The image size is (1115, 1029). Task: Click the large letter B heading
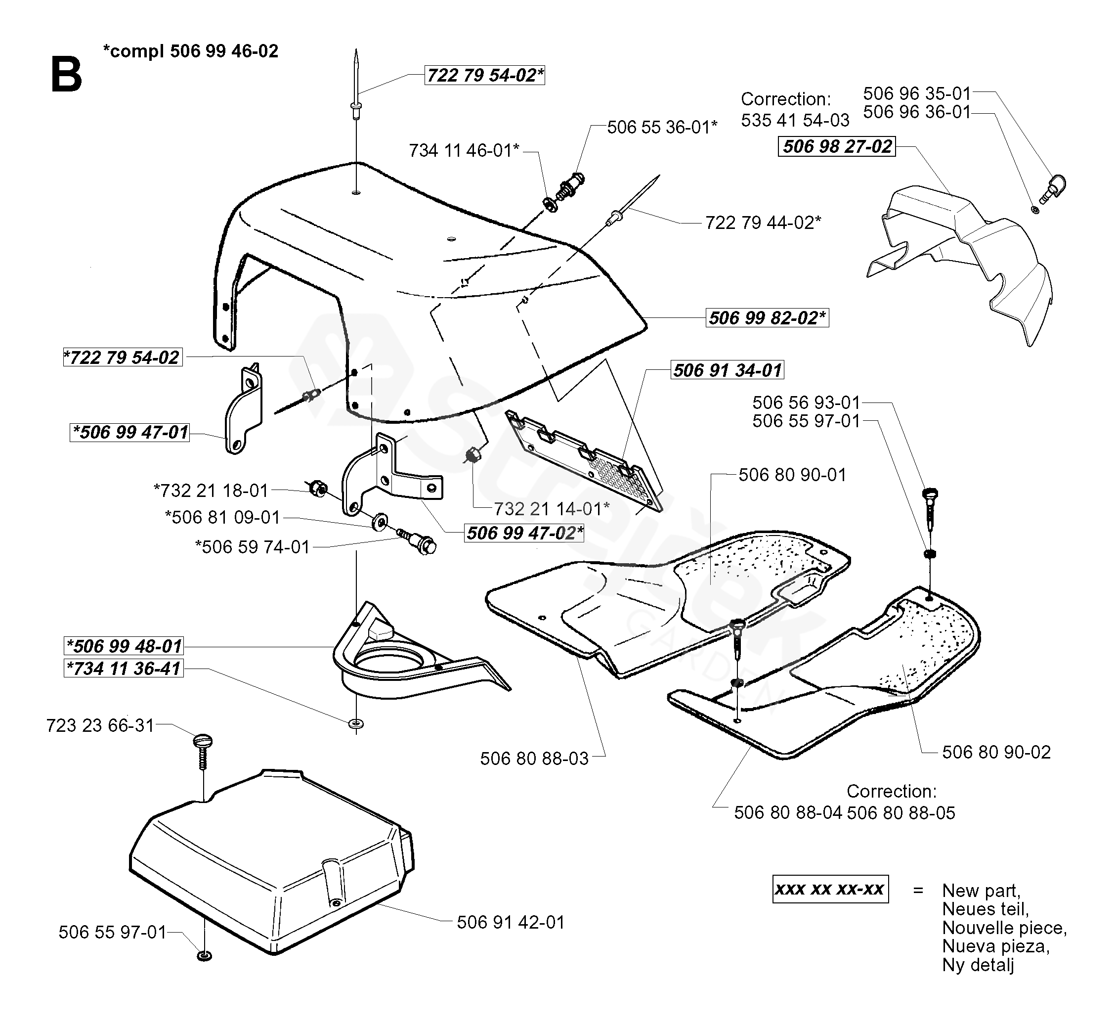click(x=66, y=75)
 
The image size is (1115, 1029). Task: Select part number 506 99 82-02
click(x=767, y=318)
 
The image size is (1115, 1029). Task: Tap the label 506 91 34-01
click(x=727, y=370)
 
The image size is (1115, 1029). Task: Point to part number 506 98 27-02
click(x=837, y=146)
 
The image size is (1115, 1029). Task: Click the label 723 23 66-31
click(x=100, y=725)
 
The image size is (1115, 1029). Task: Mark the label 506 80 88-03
click(x=534, y=759)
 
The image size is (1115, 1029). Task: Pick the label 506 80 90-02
click(x=996, y=752)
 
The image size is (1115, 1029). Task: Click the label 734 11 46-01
click(x=464, y=150)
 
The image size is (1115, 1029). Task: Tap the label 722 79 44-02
click(x=763, y=223)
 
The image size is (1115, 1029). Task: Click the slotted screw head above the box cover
click(x=203, y=742)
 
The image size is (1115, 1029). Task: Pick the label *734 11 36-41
click(x=124, y=668)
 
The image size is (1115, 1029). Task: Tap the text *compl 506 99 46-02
click(x=190, y=51)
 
